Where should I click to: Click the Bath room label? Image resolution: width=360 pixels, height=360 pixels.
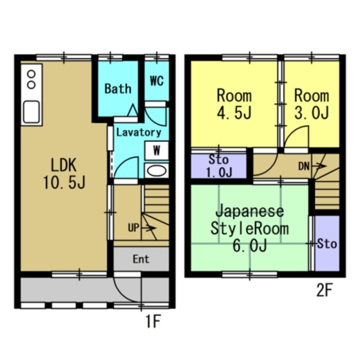tap(118, 89)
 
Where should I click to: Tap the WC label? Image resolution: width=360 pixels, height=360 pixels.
tap(157, 81)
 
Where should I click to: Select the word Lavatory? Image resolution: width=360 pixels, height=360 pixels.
tap(139, 132)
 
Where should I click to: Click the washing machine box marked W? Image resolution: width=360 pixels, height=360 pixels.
tap(157, 151)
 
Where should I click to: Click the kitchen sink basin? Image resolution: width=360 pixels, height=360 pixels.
tap(31, 112)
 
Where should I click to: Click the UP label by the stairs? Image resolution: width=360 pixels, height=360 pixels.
tap(134, 228)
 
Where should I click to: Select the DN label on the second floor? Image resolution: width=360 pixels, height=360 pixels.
tap(304, 166)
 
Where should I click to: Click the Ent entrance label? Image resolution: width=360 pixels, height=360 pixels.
tap(141, 259)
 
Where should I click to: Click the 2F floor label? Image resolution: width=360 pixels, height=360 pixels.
tap(324, 290)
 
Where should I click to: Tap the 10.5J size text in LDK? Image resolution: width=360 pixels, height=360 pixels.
tap(64, 183)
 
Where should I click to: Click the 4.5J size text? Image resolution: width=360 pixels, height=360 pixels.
tap(234, 112)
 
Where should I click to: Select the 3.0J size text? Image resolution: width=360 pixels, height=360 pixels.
tap(311, 112)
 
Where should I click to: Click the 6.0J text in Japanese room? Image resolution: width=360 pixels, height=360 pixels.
tap(250, 246)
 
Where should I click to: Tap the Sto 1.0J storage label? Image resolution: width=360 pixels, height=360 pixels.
tap(219, 166)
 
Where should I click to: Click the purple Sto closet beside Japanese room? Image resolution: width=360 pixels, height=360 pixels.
tap(327, 243)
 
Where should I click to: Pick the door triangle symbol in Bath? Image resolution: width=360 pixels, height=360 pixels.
tap(133, 110)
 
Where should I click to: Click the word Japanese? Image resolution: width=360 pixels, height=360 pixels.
tap(250, 212)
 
